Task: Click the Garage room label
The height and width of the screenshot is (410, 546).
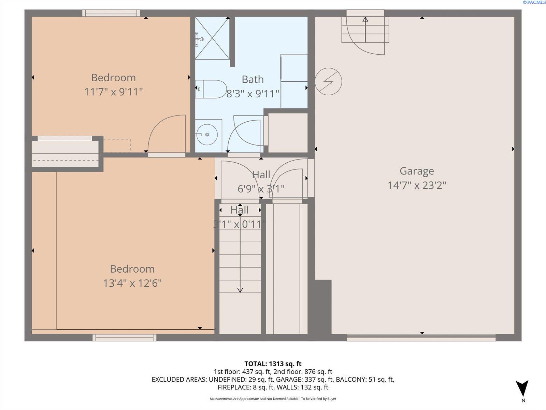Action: pyautogui.click(x=417, y=171)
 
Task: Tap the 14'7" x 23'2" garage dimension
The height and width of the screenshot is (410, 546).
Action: pyautogui.click(x=417, y=186)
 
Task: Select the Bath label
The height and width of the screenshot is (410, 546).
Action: pyautogui.click(x=253, y=80)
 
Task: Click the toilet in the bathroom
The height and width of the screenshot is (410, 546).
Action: pyautogui.click(x=211, y=89)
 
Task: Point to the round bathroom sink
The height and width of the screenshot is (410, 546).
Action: pyautogui.click(x=207, y=135)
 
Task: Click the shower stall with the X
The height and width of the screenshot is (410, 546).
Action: pyautogui.click(x=212, y=38)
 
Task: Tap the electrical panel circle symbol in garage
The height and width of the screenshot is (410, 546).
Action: pyautogui.click(x=328, y=81)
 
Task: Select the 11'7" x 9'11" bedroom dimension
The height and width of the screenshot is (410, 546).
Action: pyautogui.click(x=113, y=92)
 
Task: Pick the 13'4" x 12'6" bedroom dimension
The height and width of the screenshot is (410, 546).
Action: pyautogui.click(x=132, y=283)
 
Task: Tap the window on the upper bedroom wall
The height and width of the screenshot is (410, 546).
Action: pyautogui.click(x=111, y=13)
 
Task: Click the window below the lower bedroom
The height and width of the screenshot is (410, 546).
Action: pyautogui.click(x=124, y=338)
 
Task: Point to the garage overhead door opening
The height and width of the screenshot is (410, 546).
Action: pyautogui.click(x=421, y=338)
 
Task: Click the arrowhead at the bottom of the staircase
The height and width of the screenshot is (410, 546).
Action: pyautogui.click(x=240, y=290)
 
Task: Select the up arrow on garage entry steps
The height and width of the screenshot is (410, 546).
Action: pyautogui.click(x=365, y=30)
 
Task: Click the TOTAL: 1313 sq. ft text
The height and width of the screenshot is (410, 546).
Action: pyautogui.click(x=273, y=364)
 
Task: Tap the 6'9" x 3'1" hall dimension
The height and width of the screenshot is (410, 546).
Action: pyautogui.click(x=261, y=189)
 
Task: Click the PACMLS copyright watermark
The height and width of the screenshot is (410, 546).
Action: pyautogui.click(x=534, y=2)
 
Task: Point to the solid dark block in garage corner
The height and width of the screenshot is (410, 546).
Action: pyautogui.click(x=323, y=307)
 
